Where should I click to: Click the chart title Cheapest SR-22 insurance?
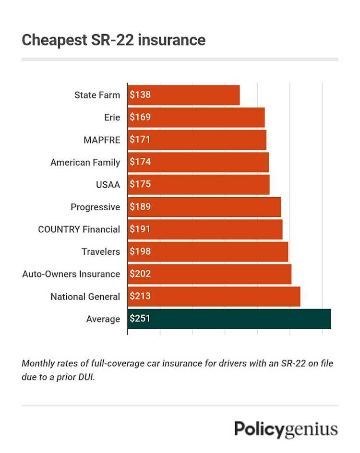pos(113,40)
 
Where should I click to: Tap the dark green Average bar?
pos(229,319)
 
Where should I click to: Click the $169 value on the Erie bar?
pos(140,117)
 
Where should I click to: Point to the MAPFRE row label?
pos(101,140)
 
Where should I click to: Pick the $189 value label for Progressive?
pos(140,207)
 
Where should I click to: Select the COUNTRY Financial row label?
pos(79,229)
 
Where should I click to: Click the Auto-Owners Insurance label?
pos(71,274)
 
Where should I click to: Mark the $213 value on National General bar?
pos(140,297)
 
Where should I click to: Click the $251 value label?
pos(140,319)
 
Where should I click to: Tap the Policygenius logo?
pos(286,429)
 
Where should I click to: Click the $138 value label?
pos(140,95)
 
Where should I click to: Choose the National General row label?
pos(85,297)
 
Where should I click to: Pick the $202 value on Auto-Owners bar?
pos(140,274)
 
